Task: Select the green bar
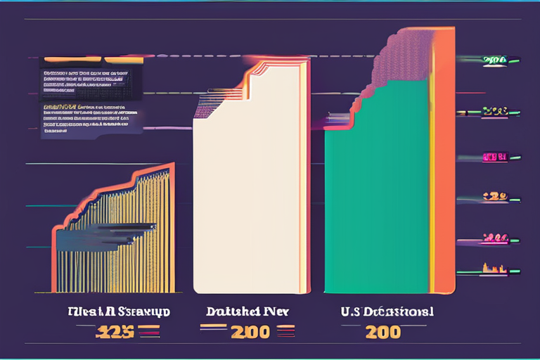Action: click(376, 197)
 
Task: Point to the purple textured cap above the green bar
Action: click(401, 56)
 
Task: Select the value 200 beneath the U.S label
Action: click(383, 332)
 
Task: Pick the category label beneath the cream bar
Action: click(242, 309)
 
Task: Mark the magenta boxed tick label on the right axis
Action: click(494, 156)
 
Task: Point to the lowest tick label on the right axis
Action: click(494, 267)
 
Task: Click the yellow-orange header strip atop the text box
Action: click(91, 60)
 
